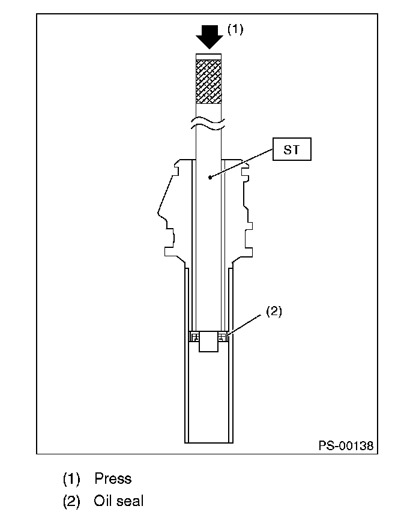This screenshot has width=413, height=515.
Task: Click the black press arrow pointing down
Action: point(210,37)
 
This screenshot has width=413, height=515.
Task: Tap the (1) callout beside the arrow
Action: point(235,29)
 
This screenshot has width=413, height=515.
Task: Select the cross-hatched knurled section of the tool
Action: point(209,81)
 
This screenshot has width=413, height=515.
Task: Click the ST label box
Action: point(292,149)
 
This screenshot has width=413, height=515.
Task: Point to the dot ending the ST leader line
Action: point(210,177)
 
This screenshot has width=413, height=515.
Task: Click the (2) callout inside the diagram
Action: point(274,311)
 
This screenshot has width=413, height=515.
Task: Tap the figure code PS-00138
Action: point(346,446)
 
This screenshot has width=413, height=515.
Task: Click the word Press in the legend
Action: point(113,478)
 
